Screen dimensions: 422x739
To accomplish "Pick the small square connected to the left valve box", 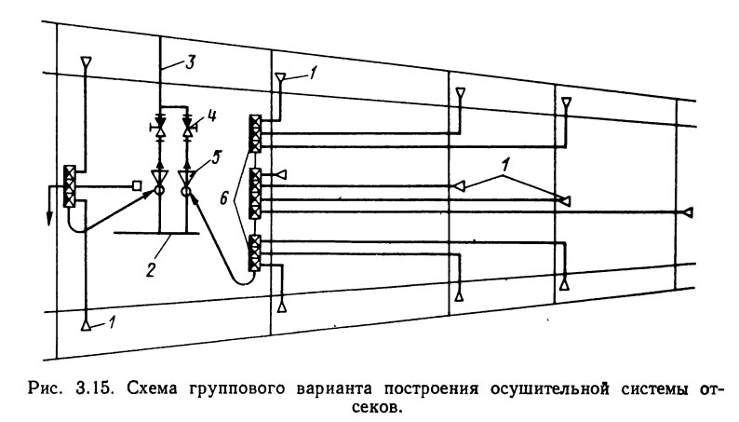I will [137, 186].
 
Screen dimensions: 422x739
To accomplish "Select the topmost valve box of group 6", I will [254, 132].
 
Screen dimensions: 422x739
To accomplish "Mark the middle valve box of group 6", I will [254, 193].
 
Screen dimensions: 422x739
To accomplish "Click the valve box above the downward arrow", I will [69, 185].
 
